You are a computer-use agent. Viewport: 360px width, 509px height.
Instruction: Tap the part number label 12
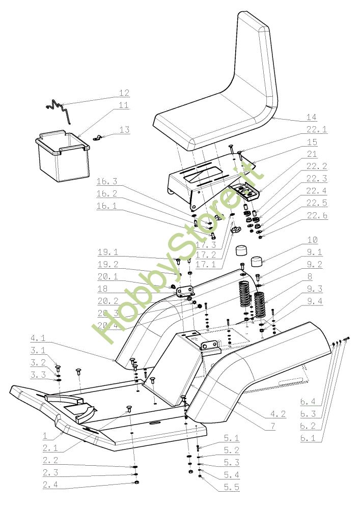pos(124,93)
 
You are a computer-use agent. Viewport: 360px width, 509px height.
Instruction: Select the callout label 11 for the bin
pos(123,105)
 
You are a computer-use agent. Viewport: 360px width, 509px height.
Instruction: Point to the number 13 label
pos(124,130)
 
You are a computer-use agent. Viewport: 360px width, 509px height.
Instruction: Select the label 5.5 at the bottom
pos(231,488)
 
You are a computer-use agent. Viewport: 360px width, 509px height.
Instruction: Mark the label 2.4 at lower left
pos(50,484)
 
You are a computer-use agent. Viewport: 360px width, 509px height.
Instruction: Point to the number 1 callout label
pos(45,436)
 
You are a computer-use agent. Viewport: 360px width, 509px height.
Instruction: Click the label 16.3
pos(107,181)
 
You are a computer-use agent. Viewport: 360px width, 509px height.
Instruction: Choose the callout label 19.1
pos(107,252)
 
